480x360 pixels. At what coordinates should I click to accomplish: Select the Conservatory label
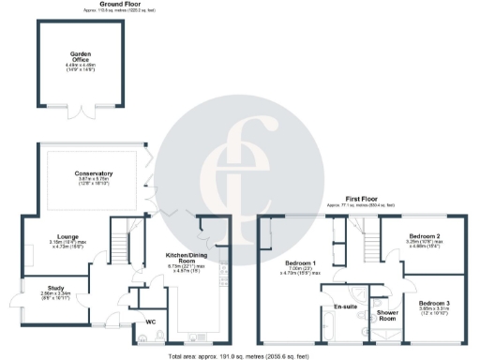[94, 173]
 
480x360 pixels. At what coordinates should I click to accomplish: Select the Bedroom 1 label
[300, 263]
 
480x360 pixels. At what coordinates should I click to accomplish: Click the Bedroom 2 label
[425, 236]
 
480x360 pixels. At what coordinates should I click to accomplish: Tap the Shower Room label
[386, 314]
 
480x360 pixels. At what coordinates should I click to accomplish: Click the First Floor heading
[360, 200]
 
